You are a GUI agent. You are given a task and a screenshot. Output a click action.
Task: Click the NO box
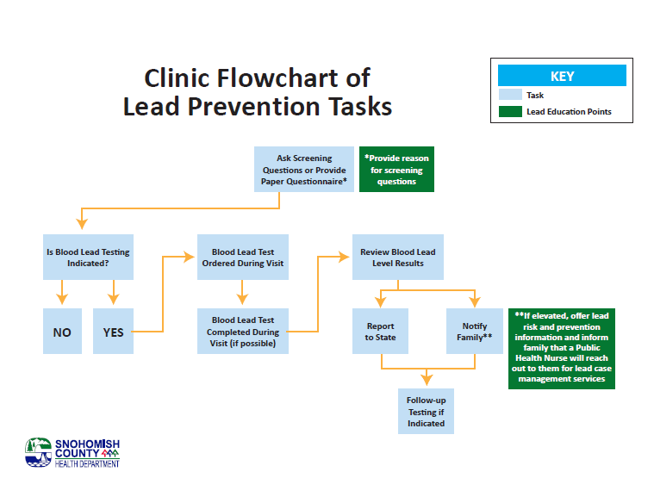tap(62, 331)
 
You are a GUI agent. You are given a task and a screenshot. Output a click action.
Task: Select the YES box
tap(113, 331)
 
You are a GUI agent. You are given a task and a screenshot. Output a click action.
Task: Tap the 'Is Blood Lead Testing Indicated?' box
tap(88, 257)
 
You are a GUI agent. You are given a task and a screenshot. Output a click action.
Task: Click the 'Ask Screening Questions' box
tap(304, 170)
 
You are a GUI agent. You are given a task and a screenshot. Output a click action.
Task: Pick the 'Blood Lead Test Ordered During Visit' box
tap(242, 257)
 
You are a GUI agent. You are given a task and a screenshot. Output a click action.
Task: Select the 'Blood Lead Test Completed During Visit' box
tap(242, 331)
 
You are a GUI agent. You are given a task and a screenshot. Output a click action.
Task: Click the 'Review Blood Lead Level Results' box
tap(397, 257)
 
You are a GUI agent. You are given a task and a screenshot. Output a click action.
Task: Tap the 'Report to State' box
tap(380, 331)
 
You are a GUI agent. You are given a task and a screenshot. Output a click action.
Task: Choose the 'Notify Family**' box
tap(474, 331)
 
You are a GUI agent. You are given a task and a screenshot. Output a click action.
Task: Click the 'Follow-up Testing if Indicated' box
tap(426, 411)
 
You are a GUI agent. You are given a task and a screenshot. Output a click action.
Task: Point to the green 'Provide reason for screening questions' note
tap(396, 170)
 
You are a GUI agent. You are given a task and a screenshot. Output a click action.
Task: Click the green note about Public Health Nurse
tap(562, 347)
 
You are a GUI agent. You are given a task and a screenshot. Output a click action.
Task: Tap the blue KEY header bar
tap(561, 76)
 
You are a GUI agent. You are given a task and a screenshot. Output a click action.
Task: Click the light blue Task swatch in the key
tap(510, 95)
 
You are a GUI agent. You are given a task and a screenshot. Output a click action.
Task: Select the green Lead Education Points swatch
tap(510, 111)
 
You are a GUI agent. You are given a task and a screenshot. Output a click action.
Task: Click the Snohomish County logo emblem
tap(39, 452)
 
